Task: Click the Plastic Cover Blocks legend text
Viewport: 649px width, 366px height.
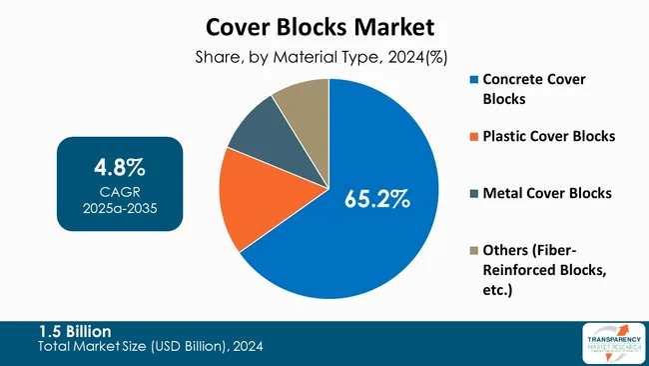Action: pos(549,135)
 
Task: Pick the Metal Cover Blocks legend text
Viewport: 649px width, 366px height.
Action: pos(547,192)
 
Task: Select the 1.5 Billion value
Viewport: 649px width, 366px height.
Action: pos(75,331)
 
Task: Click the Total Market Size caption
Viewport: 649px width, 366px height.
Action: pos(150,347)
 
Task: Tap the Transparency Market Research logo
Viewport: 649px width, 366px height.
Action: pos(610,343)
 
